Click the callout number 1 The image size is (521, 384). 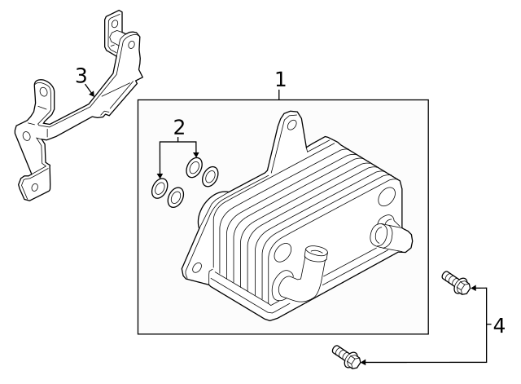280,79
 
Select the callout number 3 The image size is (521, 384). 81,76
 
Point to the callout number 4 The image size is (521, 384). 498,325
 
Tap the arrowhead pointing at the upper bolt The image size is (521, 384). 474,288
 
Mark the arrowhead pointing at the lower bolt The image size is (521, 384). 364,361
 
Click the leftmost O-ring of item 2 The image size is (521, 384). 160,189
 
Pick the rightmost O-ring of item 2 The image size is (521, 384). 211,175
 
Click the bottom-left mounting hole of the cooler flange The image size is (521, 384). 196,267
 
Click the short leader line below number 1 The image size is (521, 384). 280,95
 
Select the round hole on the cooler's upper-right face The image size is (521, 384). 387,196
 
